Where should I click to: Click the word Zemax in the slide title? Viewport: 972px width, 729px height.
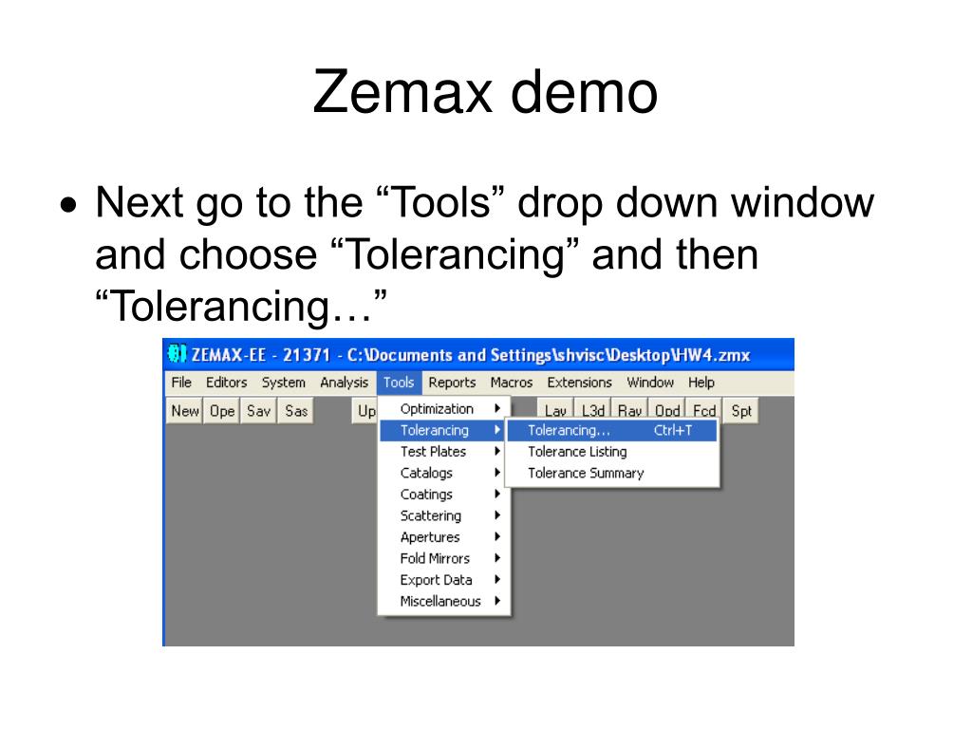click(x=402, y=92)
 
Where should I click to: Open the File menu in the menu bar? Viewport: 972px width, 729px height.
click(x=181, y=383)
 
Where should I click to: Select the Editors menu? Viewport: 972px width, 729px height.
click(x=226, y=383)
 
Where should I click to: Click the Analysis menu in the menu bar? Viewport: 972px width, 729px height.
click(x=344, y=383)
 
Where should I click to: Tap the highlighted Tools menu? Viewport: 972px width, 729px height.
click(x=399, y=383)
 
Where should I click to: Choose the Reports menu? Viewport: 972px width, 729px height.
click(x=452, y=383)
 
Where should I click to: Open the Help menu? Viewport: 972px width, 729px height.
click(x=701, y=383)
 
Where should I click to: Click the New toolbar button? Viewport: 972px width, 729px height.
click(x=185, y=411)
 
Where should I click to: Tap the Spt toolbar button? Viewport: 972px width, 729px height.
click(x=741, y=411)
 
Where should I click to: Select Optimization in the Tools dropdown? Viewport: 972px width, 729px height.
click(x=437, y=409)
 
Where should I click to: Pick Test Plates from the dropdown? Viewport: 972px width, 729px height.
click(x=433, y=452)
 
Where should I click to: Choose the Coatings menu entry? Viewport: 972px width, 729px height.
click(x=426, y=495)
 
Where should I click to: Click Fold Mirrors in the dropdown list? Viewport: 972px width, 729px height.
click(x=435, y=558)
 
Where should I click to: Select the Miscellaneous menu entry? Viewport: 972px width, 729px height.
click(x=440, y=601)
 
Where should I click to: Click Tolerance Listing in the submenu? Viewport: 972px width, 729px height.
click(x=577, y=452)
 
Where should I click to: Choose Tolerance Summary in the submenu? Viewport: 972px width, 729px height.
click(x=586, y=473)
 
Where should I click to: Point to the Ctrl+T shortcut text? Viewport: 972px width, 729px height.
click(x=673, y=430)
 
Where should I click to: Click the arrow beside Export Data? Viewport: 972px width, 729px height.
click(x=497, y=580)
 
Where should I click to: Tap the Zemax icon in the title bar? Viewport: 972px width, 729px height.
click(x=178, y=354)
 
